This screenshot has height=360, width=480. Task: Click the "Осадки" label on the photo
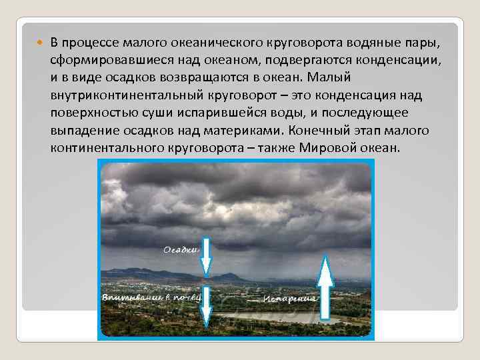[181, 250]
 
